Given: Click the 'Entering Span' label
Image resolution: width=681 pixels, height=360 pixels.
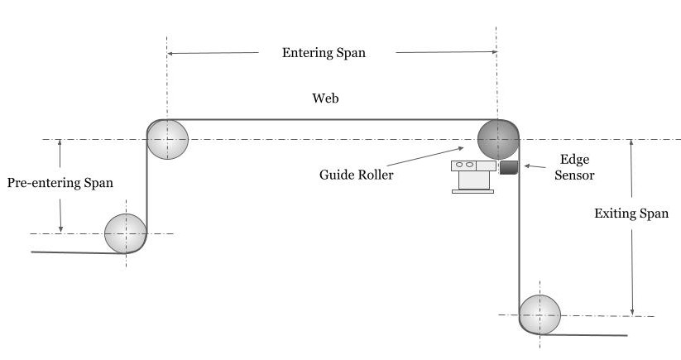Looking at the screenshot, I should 324,52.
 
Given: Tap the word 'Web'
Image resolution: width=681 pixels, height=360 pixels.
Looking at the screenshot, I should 325,98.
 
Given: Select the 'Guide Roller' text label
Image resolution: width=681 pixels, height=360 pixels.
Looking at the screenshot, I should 356,175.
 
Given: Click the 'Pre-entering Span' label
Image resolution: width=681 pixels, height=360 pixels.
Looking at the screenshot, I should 60,182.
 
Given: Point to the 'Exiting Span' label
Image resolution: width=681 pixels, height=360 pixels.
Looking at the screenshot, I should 631,214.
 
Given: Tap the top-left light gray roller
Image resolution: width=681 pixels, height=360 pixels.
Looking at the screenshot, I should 168,139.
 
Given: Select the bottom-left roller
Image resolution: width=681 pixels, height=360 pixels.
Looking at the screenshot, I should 125,233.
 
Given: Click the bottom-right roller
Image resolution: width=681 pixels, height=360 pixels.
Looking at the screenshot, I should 540,314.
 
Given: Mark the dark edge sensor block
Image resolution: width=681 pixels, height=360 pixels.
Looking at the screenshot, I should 508,168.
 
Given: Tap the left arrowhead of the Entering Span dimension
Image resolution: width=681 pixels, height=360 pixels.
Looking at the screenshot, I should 171,53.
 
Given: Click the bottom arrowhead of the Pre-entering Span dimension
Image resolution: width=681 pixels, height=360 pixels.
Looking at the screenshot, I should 60,229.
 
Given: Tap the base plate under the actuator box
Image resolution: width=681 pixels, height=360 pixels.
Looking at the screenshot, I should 472,192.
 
